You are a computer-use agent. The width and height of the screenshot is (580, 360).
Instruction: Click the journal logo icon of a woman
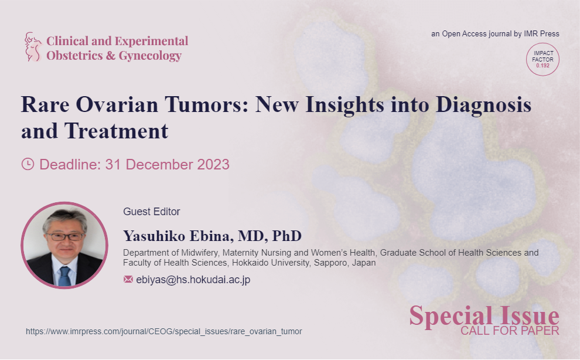(33, 47)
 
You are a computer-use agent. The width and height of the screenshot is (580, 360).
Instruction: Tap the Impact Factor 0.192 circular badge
(543, 59)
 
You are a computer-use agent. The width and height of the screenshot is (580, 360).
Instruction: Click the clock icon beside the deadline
(28, 164)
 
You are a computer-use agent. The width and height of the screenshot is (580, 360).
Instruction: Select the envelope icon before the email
(128, 279)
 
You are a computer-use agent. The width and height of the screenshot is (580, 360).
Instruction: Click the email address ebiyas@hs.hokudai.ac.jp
(193, 280)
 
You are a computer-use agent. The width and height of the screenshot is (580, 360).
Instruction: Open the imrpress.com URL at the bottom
(164, 331)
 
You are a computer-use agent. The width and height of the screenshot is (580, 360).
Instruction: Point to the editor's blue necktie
(64, 276)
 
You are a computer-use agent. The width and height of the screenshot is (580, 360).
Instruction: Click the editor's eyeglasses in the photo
(65, 237)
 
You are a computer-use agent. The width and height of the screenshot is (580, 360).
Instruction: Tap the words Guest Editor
(152, 212)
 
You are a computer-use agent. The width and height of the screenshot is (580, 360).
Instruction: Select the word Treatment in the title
(116, 131)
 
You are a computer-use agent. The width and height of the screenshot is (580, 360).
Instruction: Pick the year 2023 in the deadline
(213, 164)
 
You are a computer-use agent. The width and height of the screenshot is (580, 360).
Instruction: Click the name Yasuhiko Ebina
(178, 236)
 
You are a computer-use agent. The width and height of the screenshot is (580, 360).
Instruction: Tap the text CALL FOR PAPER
(510, 330)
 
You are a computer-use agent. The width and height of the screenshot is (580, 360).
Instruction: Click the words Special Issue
(484, 316)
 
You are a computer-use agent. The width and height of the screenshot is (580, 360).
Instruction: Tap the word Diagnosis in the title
(483, 104)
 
